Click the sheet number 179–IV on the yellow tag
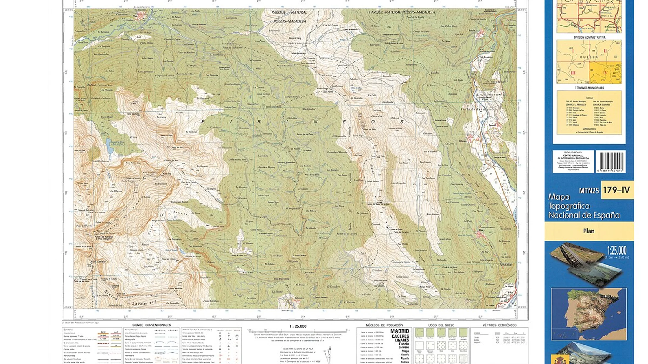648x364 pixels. (x=616, y=190)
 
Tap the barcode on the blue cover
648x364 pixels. (x=611, y=161)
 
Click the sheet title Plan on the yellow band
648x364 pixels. (x=589, y=231)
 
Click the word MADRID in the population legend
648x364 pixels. (x=399, y=331)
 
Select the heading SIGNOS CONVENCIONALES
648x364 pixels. (x=151, y=325)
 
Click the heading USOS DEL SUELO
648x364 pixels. (x=441, y=325)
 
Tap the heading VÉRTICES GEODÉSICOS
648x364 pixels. (x=499, y=325)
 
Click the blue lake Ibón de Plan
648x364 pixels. (x=110, y=146)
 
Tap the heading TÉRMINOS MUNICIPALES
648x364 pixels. (x=589, y=88)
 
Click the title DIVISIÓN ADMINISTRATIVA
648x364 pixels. (x=589, y=38)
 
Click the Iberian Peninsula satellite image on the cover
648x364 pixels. (x=589, y=314)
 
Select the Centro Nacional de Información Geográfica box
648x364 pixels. (x=573, y=161)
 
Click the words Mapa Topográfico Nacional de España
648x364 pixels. (x=583, y=206)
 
